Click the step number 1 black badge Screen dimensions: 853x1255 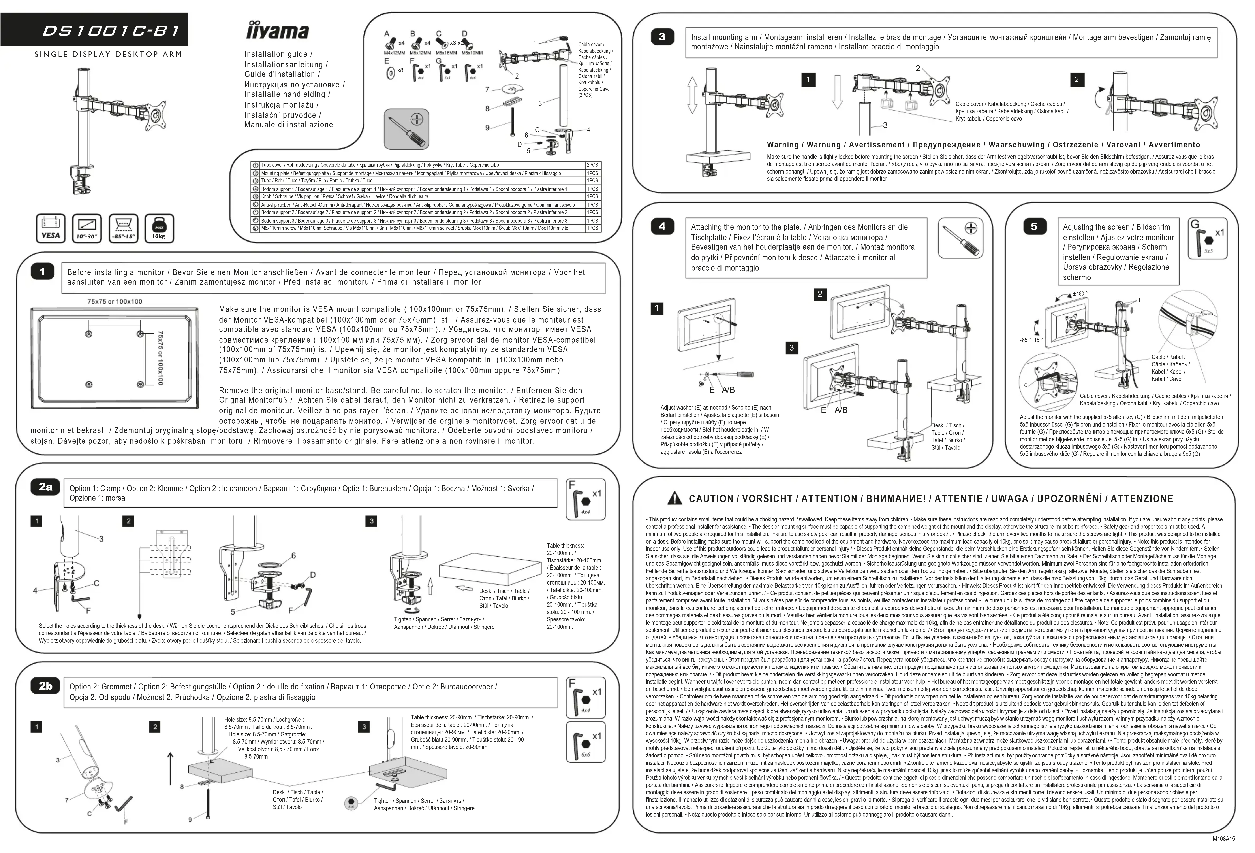tap(42, 272)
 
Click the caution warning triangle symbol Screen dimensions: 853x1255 tap(674, 498)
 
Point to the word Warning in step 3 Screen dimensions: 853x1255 tap(782, 145)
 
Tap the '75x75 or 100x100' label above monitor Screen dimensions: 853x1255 tap(115, 301)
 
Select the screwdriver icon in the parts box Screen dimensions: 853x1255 tap(407, 128)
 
